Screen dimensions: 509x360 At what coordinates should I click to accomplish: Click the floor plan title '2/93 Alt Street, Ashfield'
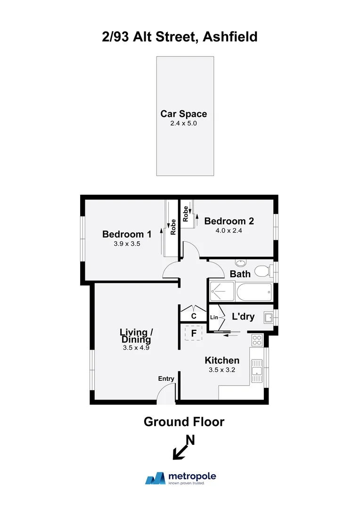(x=180, y=36)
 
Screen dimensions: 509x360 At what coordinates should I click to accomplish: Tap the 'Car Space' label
(x=184, y=114)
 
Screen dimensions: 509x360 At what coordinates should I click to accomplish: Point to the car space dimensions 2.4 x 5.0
(x=184, y=123)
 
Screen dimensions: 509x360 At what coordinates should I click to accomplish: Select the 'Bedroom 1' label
(x=127, y=234)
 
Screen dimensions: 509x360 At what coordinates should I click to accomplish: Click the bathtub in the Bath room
(x=254, y=293)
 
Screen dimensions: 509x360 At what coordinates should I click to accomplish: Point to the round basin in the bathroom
(x=241, y=262)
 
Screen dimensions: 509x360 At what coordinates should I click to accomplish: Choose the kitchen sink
(x=257, y=371)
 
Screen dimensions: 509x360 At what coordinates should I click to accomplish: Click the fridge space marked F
(x=193, y=333)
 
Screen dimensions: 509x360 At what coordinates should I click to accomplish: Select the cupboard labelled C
(x=193, y=316)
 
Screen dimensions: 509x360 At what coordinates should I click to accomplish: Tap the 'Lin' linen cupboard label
(x=213, y=318)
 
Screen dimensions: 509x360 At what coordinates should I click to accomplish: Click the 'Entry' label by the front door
(x=166, y=378)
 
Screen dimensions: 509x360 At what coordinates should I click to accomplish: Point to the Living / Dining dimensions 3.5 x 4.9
(x=135, y=349)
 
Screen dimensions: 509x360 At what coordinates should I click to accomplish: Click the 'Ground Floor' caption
(x=184, y=422)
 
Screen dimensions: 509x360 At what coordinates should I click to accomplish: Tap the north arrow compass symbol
(x=183, y=448)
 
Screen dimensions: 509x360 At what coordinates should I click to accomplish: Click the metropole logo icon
(x=155, y=478)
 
